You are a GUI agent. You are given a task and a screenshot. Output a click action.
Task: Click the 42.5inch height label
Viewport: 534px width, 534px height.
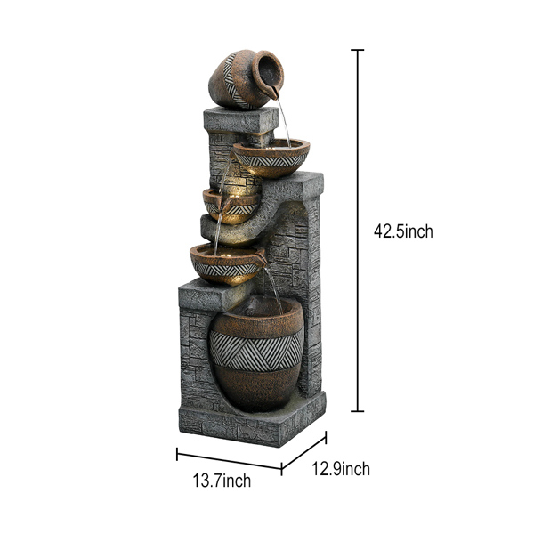point(403,231)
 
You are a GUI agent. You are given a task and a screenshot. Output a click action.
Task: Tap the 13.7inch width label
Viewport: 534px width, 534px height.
point(222,481)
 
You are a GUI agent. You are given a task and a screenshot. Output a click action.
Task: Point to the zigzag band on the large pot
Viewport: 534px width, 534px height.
point(255,349)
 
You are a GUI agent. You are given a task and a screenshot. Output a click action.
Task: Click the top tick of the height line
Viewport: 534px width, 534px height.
point(358,50)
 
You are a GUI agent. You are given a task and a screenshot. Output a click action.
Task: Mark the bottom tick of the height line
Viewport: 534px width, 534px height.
point(358,411)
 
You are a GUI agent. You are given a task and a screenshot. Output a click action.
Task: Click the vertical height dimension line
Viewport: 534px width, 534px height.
point(358,231)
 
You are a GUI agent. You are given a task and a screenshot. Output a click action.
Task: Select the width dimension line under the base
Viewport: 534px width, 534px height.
point(229,461)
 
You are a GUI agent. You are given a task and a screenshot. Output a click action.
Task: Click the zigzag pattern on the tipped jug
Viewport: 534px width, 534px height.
point(230,77)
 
